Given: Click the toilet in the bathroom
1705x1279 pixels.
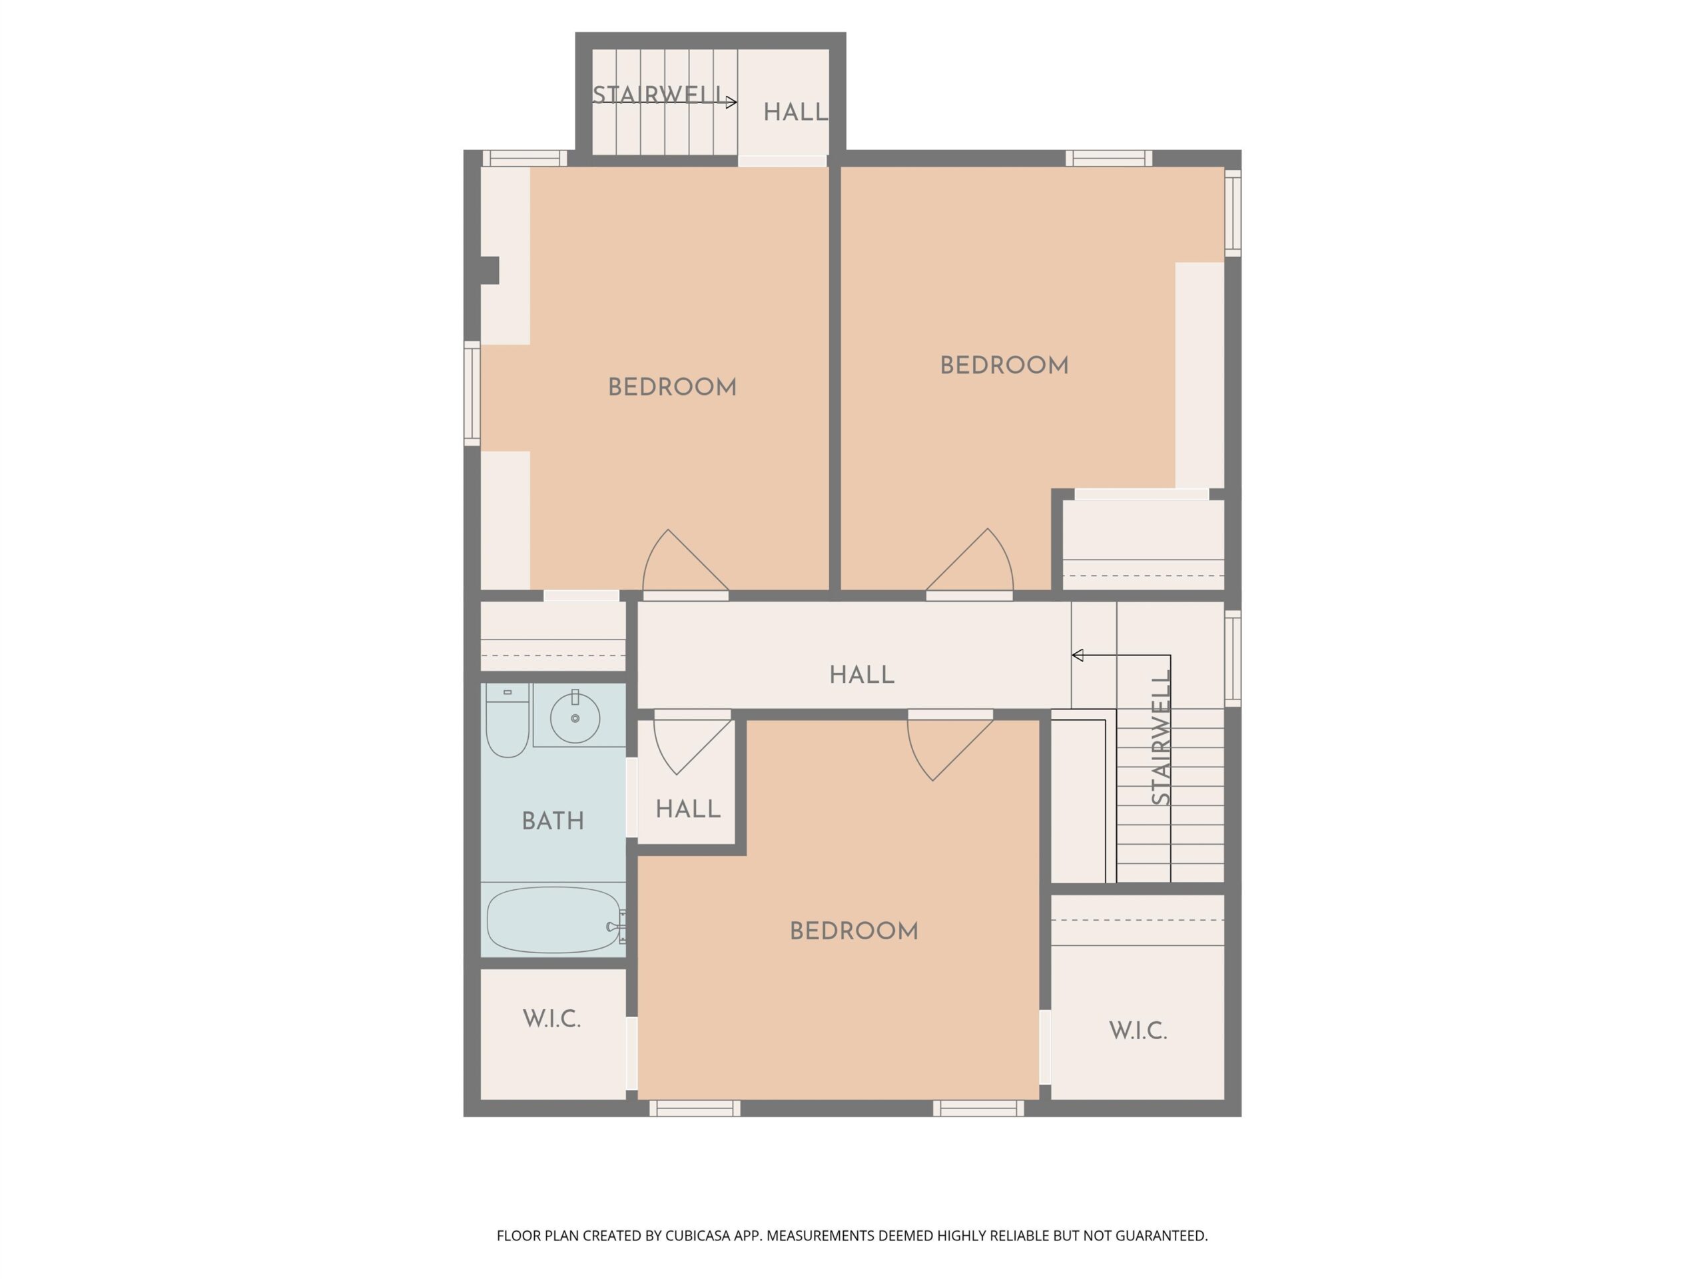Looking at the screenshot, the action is point(508,720).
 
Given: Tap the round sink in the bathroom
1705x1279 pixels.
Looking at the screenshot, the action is point(575,717).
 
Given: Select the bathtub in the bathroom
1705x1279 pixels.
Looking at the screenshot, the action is point(553,920).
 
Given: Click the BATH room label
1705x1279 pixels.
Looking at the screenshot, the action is point(553,821).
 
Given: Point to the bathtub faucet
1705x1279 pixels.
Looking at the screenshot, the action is point(616,927).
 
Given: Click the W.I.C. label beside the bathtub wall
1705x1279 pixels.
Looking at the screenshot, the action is point(552,1019).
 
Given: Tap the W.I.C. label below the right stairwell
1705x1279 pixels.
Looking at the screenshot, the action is point(1138,1031).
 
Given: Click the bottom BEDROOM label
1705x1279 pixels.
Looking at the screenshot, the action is point(854,931).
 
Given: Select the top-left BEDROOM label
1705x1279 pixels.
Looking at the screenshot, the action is point(672,387).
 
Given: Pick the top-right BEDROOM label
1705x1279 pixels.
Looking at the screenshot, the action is point(1004,366).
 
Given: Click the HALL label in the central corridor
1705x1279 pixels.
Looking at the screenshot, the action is point(862,675).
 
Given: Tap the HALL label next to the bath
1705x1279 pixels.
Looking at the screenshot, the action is point(688,809).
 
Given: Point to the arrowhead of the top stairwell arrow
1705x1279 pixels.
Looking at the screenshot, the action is point(731,102).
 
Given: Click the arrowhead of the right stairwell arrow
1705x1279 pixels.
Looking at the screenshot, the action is point(1078,655).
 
